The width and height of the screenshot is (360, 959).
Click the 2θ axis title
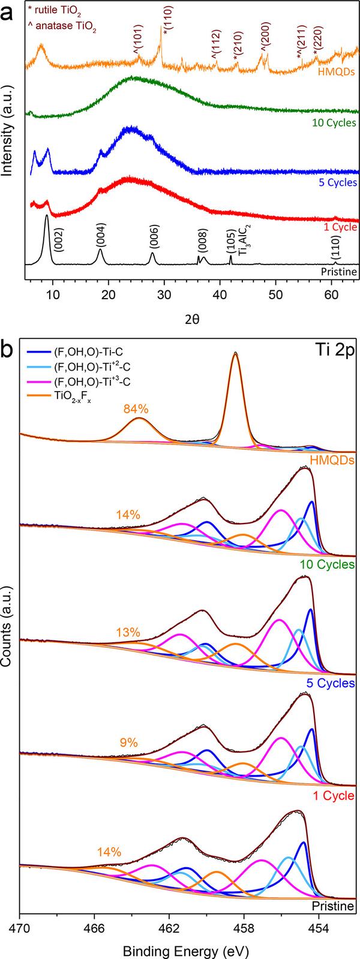(192, 318)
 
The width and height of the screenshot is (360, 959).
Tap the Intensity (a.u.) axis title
(8, 142)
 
